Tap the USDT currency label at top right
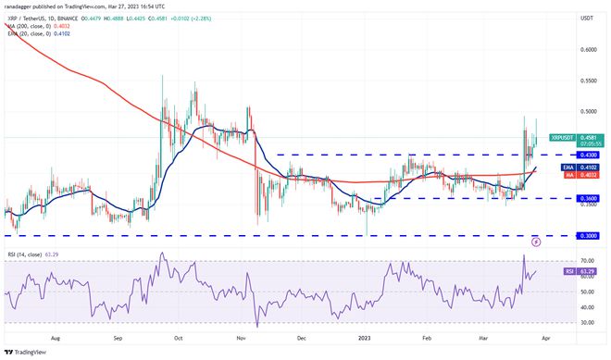pos(560,18)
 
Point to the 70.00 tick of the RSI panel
pos(561,262)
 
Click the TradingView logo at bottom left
pos(29,352)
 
